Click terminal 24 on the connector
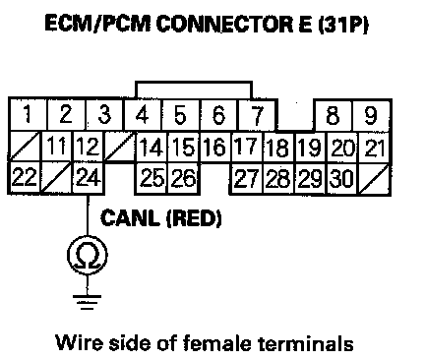89,178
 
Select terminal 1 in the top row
28,114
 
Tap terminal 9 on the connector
371,115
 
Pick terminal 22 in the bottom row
25,178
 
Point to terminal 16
215,147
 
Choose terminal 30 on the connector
341,179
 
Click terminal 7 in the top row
257,115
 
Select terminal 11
57,146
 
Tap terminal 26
183,178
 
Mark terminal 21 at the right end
374,148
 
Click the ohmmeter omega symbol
88,256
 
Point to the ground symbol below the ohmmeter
88,302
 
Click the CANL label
130,218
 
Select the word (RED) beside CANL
194,218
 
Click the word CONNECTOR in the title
224,24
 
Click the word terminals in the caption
306,343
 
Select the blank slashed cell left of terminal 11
25,147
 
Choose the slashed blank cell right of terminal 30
374,179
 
